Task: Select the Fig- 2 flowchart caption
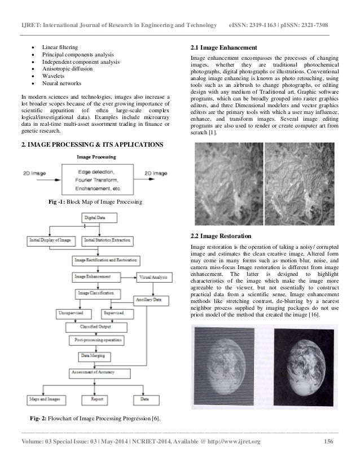pyautogui.click(x=95, y=418)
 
